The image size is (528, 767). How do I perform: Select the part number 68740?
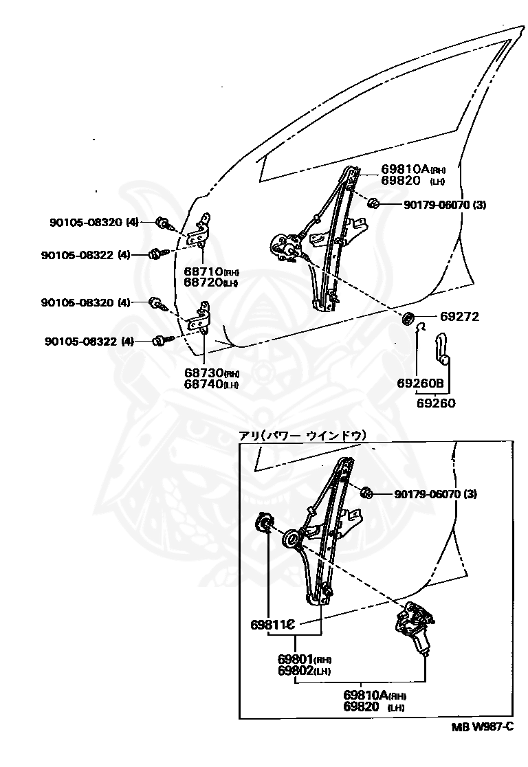(203, 384)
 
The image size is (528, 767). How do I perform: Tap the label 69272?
(459, 317)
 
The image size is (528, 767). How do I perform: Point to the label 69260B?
(420, 383)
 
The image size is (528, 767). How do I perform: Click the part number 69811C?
(272, 625)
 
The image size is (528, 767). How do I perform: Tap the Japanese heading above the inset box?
(302, 435)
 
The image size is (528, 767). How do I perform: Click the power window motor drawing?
(414, 626)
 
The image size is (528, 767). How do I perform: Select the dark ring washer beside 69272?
(408, 318)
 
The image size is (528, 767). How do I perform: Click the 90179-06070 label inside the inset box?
(434, 494)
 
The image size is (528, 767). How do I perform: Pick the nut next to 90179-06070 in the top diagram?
(375, 203)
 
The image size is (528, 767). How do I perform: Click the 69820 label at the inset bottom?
(362, 707)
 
